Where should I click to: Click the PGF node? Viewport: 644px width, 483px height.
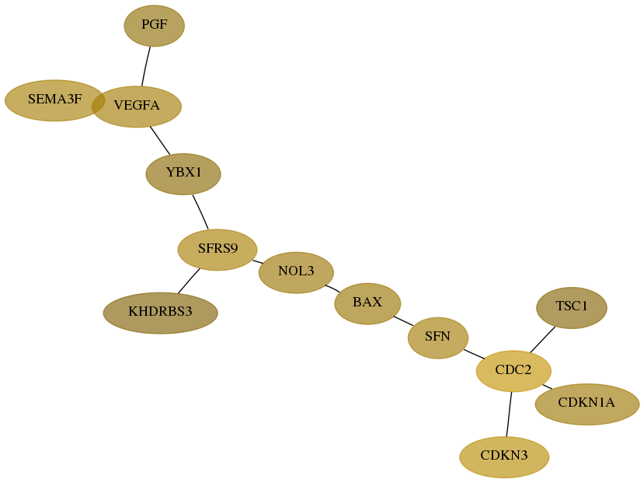[155, 26]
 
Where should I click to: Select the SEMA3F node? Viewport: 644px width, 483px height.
[54, 100]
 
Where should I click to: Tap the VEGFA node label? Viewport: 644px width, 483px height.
[137, 106]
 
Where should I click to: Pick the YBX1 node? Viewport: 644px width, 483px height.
[183, 174]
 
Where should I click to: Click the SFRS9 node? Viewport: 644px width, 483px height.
[218, 250]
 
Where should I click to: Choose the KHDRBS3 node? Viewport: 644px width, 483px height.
[161, 313]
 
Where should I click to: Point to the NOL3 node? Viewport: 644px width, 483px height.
[296, 272]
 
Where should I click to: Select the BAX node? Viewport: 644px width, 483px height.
[367, 303]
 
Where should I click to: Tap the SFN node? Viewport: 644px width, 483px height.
[438, 338]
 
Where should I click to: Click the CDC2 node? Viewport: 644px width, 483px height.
[513, 371]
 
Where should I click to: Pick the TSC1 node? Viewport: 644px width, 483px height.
[572, 307]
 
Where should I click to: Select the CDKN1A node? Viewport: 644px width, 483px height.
[587, 404]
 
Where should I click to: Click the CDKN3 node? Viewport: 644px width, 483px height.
[504, 457]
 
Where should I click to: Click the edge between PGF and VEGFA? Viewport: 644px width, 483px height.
[146, 66]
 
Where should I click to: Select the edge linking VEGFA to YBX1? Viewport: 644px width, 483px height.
[160, 141]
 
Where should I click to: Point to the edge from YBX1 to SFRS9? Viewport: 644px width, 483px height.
[200, 212]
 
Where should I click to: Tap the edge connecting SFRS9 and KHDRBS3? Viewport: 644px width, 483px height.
[189, 282]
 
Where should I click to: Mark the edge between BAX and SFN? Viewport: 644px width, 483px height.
[404, 321]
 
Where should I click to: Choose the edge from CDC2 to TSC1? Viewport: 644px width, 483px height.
[542, 340]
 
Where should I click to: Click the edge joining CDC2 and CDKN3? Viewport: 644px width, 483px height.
[510, 415]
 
